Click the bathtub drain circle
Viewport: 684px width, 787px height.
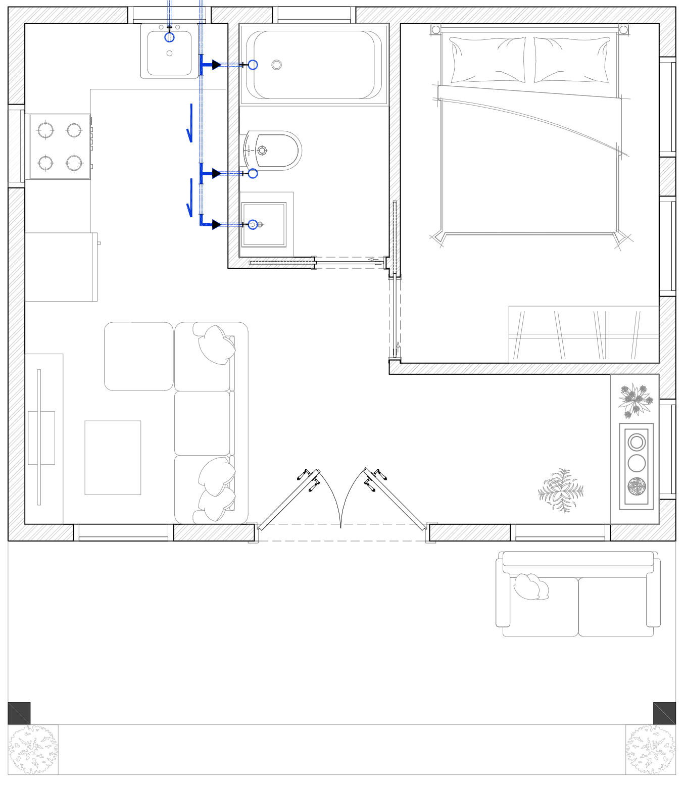[276, 65]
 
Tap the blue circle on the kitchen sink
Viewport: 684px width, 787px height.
[169, 37]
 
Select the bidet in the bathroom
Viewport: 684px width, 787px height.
[273, 151]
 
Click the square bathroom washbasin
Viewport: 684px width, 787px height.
[264, 224]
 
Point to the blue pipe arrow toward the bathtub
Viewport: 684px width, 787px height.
[216, 65]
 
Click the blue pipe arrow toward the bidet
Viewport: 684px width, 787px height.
[216, 173]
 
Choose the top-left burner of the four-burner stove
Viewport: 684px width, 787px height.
[45, 130]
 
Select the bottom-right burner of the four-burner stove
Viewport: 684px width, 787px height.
[74, 163]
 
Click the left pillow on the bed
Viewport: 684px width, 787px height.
[487, 60]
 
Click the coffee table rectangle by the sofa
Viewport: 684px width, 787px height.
[113, 458]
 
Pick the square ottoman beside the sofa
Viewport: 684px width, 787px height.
[139, 356]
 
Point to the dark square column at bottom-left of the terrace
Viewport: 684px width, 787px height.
[19, 713]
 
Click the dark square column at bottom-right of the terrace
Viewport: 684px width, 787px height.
[664, 713]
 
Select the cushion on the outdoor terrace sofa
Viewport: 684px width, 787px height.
[530, 587]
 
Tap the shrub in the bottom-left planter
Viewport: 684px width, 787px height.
[33, 750]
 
